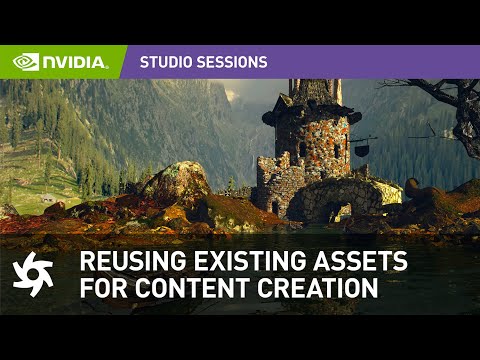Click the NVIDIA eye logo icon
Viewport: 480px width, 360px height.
(x=26, y=62)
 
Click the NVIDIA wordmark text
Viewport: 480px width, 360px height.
(x=74, y=62)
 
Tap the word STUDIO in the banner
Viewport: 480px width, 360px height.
(x=165, y=62)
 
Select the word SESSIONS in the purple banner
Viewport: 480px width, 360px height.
(x=231, y=62)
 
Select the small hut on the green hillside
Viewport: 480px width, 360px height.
(x=48, y=199)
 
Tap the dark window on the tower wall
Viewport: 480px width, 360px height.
(x=303, y=150)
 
